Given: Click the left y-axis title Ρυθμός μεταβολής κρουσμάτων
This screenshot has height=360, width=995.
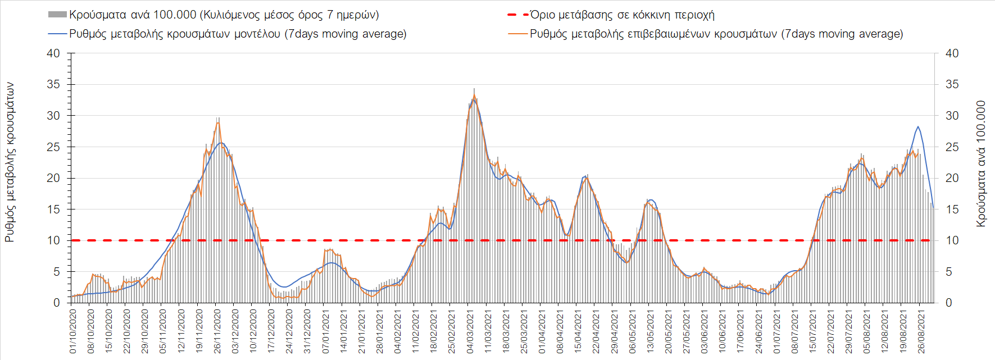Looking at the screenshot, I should point(10,162).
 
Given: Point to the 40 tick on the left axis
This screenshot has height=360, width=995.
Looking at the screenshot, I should point(53,53).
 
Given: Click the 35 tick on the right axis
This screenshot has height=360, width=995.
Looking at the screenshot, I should point(952,84).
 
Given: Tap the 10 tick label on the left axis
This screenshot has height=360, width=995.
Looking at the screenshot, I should point(53,240).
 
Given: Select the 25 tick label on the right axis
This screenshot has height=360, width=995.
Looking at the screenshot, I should point(952,147).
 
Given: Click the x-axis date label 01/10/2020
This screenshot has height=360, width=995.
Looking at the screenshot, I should point(73,331).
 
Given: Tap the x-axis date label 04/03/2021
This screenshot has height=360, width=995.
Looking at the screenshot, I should point(470,331).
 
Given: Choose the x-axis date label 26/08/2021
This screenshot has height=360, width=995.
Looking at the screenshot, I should point(920,331).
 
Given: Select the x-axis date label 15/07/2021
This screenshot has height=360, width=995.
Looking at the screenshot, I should point(812,331).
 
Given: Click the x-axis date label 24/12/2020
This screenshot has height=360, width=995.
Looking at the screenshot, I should point(289,331).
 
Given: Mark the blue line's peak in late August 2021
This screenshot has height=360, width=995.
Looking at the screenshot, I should point(918,126).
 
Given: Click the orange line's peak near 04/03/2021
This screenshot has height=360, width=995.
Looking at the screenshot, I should point(474,95).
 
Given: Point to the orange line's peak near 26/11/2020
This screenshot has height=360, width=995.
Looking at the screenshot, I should point(218,122).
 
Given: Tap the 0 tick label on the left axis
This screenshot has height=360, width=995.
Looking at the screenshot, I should point(56,303).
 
